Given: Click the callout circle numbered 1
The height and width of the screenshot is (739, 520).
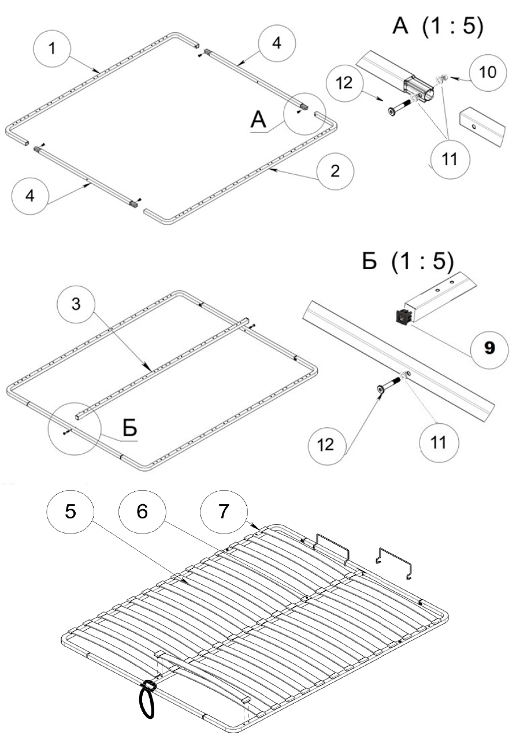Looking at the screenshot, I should (x=53, y=48).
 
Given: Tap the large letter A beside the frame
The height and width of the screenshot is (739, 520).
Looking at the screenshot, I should (x=259, y=120).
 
